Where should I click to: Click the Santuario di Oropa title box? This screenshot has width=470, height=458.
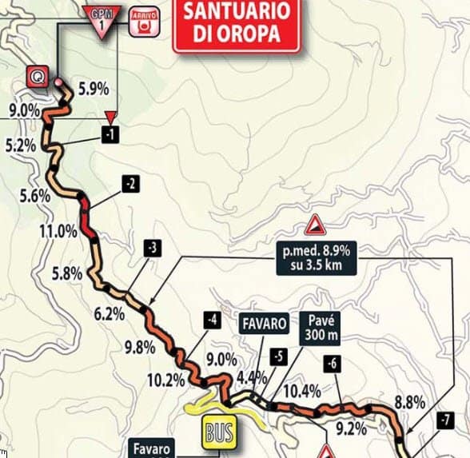tap(236, 26)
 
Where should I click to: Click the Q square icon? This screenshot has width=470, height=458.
tap(37, 76)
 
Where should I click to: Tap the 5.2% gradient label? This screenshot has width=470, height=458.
tap(19, 145)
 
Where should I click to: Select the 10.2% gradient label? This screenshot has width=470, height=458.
tap(166, 380)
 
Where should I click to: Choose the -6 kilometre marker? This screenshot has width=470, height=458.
tap(332, 364)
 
